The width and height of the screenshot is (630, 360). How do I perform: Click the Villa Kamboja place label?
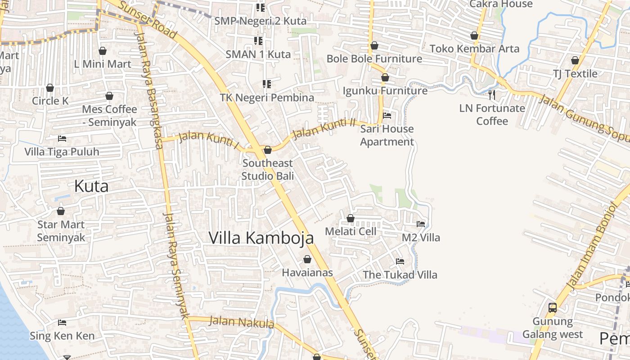point(261,238)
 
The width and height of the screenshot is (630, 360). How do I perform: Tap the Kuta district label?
point(91,186)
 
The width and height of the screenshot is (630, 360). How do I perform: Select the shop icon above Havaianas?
point(307,259)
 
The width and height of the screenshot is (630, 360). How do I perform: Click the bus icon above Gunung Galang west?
point(553,308)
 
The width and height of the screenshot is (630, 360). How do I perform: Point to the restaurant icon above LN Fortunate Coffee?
point(492,94)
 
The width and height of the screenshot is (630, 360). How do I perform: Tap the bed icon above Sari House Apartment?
point(387,115)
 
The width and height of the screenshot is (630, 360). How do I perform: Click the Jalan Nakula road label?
point(242,322)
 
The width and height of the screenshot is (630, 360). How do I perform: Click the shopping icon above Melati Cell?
point(351,218)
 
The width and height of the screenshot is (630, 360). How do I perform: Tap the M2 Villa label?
point(421,237)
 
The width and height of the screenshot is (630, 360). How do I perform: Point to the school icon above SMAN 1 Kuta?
point(258,41)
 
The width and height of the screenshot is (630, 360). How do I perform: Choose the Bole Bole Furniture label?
point(374,58)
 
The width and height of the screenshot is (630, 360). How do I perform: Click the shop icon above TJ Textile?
point(575,60)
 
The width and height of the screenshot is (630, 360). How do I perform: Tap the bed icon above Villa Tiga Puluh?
point(62,138)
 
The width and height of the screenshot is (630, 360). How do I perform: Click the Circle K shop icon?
point(50,87)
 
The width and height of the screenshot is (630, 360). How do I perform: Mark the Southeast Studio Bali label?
point(267,169)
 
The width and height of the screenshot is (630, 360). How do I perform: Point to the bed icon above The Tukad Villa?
point(400,261)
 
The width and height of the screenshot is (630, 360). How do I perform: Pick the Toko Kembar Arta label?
point(474,48)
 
